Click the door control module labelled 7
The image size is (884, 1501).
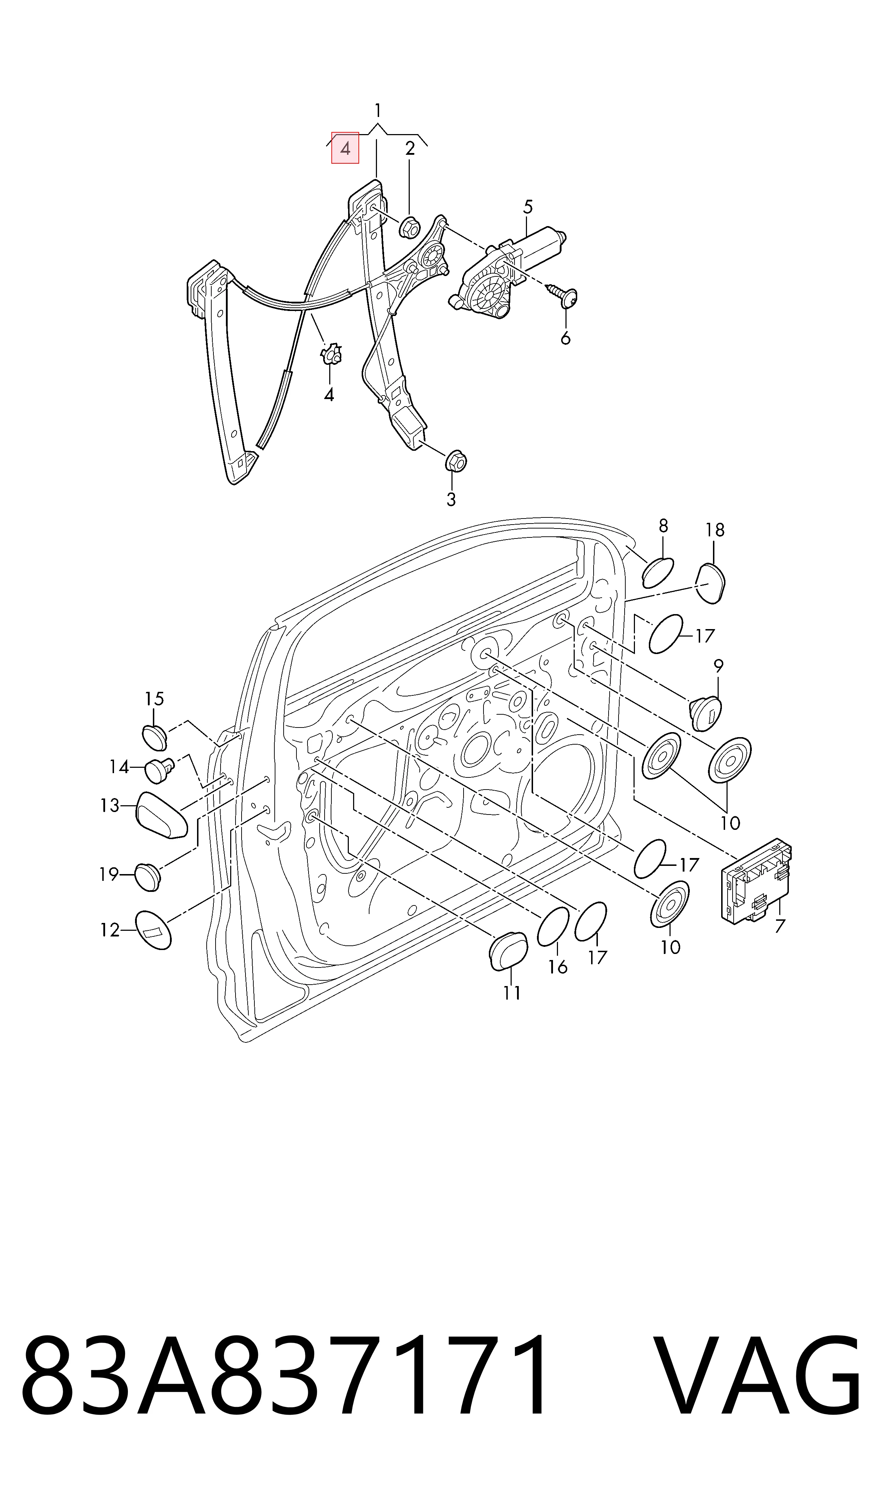click(756, 882)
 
